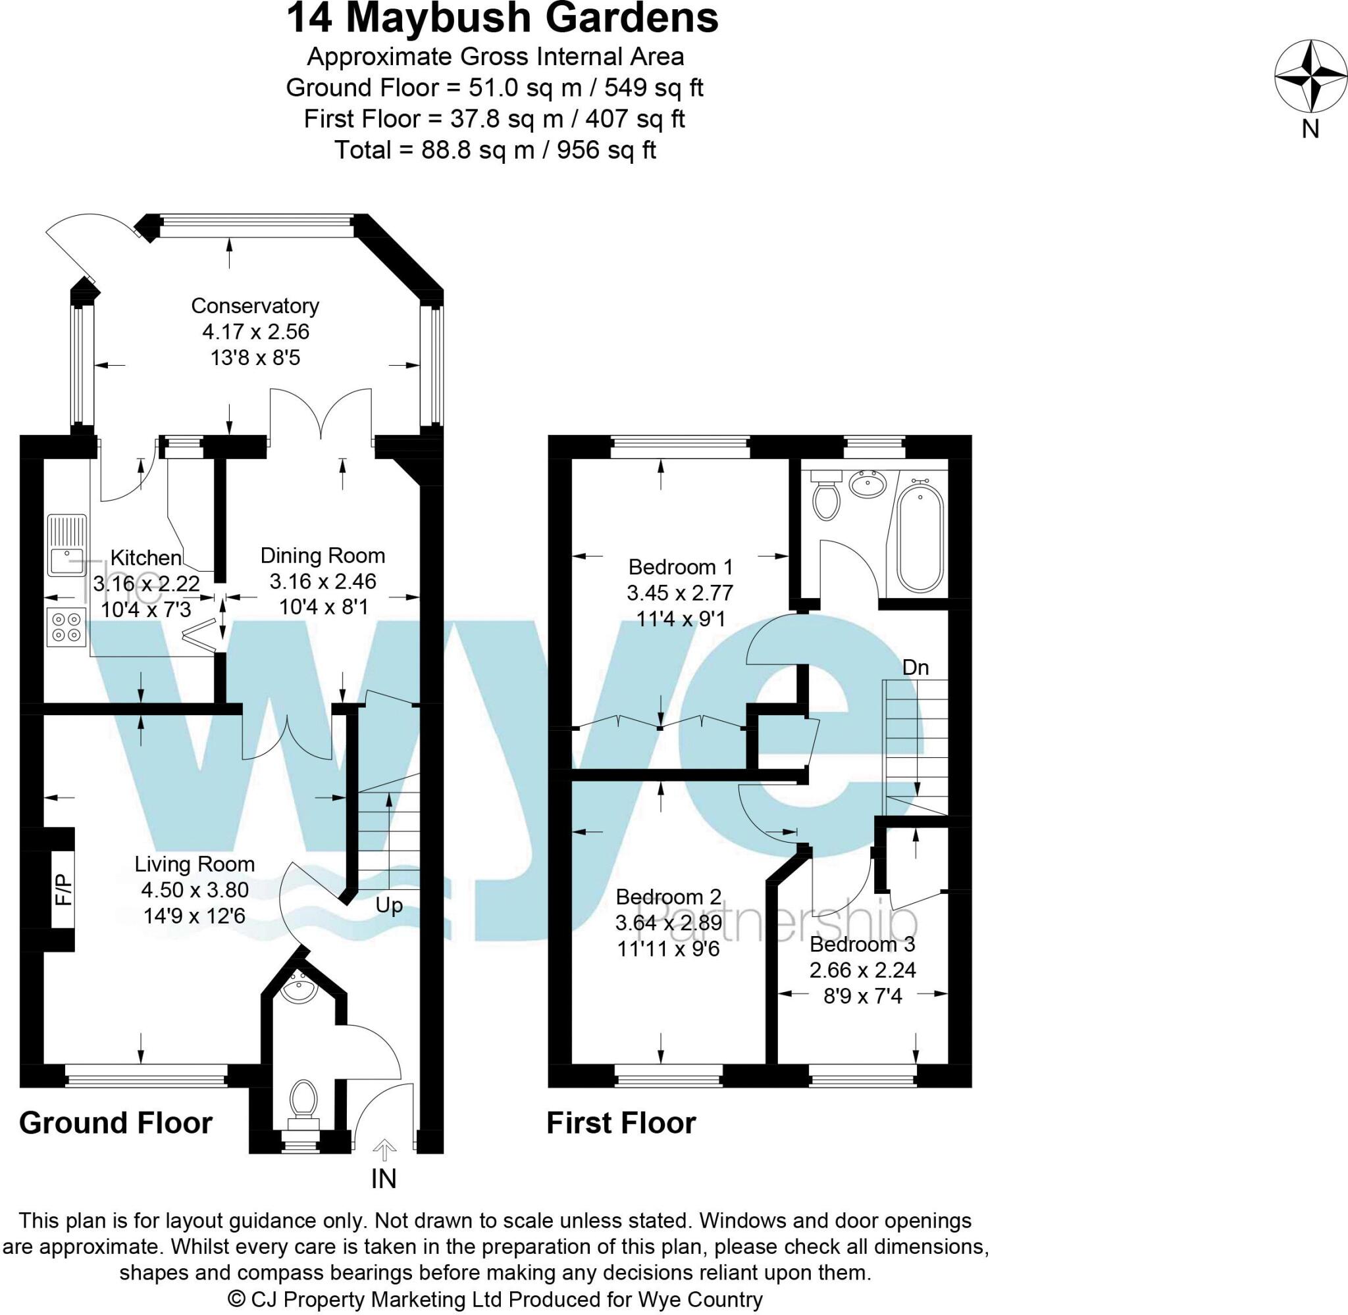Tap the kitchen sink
click(66, 545)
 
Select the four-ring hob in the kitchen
click(66, 626)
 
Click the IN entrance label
click(384, 1179)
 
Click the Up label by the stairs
click(389, 905)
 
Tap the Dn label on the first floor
click(916, 667)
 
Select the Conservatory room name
click(255, 305)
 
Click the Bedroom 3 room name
click(862, 944)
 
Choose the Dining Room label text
click(323, 555)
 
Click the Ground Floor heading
click(116, 1123)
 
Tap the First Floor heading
click(621, 1123)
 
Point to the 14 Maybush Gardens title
click(502, 19)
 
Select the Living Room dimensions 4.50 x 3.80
click(195, 889)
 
